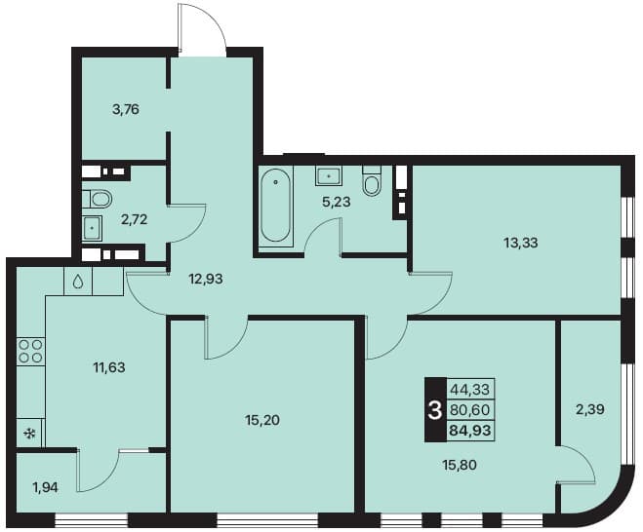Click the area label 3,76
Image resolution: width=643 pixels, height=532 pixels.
126,110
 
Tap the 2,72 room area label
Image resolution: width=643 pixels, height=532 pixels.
134,220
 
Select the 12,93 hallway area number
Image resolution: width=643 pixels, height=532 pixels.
206,279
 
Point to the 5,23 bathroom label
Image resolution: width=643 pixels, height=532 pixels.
337,202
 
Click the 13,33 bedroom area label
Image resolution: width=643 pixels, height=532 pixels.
520,243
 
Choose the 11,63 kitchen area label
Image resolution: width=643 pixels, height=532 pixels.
108,367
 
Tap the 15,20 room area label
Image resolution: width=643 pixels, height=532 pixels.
262,420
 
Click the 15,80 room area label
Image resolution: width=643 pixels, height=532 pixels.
460,465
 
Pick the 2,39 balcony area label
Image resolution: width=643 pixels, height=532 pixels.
590,409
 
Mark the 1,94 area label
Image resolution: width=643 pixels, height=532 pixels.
46,488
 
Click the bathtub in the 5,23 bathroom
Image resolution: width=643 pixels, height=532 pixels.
276,207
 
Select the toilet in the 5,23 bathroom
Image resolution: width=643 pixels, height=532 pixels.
372,180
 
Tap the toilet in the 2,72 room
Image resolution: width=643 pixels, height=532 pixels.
98,200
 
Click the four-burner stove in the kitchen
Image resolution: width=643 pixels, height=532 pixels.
31,351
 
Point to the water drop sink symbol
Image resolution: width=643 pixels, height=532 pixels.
78,282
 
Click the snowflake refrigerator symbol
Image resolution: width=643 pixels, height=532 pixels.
29,433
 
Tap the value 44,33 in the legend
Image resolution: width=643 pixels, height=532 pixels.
470,389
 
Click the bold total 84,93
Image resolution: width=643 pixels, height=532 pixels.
470,431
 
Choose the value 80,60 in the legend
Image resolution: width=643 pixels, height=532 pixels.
470,409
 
